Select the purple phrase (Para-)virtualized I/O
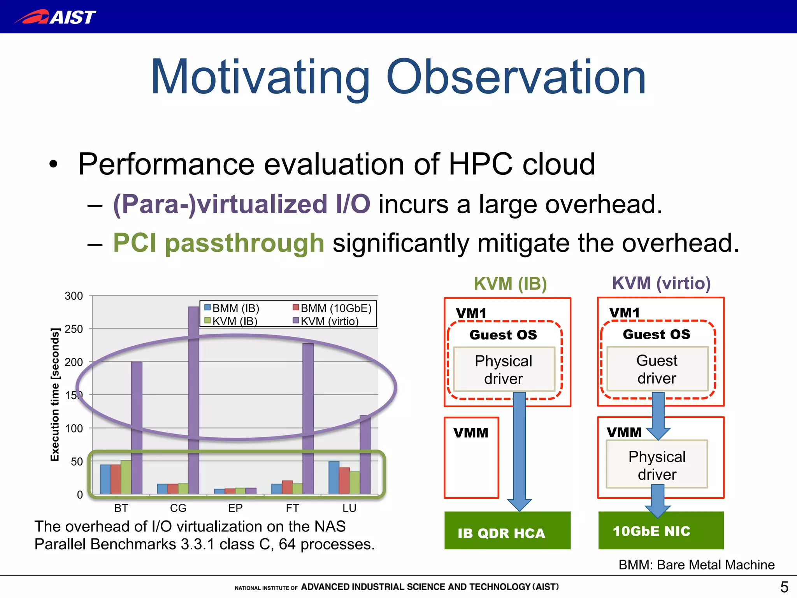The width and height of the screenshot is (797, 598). pos(241,204)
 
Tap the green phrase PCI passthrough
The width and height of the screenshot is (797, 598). pos(218,243)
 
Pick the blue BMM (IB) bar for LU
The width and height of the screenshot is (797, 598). pos(334,477)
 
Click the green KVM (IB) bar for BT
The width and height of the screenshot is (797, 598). pos(126,477)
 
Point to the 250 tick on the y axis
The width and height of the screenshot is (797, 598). pos(74,329)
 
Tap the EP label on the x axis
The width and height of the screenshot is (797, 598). pos(235,508)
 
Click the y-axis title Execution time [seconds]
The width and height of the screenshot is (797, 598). pos(55,394)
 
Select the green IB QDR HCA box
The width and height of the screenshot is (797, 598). pos(507,531)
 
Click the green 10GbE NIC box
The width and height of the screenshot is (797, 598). pos(660,531)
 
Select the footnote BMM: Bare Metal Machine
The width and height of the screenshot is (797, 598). pos(696,565)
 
